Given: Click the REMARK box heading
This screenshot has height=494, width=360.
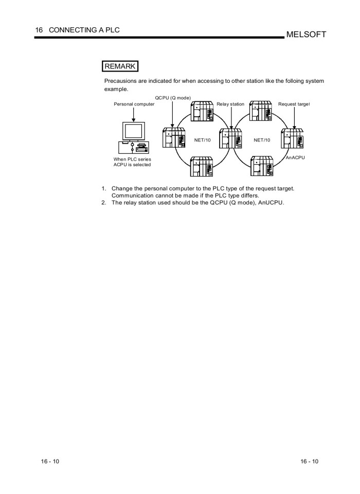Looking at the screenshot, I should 120,66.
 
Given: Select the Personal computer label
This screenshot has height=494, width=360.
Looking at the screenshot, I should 134,104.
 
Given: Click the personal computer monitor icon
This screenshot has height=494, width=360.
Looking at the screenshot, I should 134,131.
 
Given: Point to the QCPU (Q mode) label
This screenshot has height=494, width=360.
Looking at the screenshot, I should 173,98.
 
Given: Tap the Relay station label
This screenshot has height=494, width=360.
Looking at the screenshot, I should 230,104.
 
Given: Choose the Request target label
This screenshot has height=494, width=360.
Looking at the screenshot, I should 294,104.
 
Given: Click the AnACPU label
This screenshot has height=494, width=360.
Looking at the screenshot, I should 295,157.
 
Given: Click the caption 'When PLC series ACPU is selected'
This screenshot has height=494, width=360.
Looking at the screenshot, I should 132,162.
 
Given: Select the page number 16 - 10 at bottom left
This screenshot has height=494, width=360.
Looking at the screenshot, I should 50,461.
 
